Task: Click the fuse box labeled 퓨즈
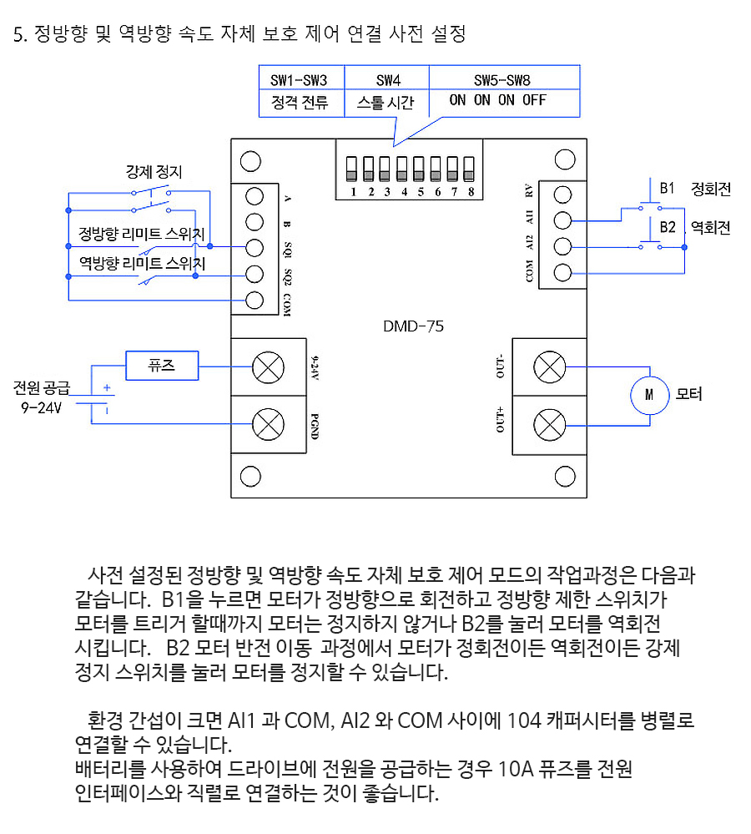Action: (x=162, y=366)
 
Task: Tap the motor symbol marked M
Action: (x=649, y=395)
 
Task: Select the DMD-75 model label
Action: (x=414, y=326)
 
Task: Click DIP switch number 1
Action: (x=351, y=169)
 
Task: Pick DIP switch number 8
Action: (x=469, y=169)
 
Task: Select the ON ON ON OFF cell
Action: (x=497, y=100)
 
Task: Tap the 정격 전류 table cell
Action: (x=300, y=102)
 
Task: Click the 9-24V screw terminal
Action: (x=269, y=367)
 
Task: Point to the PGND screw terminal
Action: (x=269, y=424)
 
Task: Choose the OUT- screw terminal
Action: (x=550, y=367)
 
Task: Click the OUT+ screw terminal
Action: (x=550, y=426)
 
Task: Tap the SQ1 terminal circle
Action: (x=255, y=247)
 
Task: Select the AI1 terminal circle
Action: (x=563, y=220)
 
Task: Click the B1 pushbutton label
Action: (x=667, y=189)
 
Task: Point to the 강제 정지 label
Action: (x=154, y=171)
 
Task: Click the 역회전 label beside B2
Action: (x=711, y=228)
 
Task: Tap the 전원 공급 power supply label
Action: (x=42, y=387)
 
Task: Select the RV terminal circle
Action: (x=563, y=195)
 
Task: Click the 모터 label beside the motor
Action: (x=688, y=394)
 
